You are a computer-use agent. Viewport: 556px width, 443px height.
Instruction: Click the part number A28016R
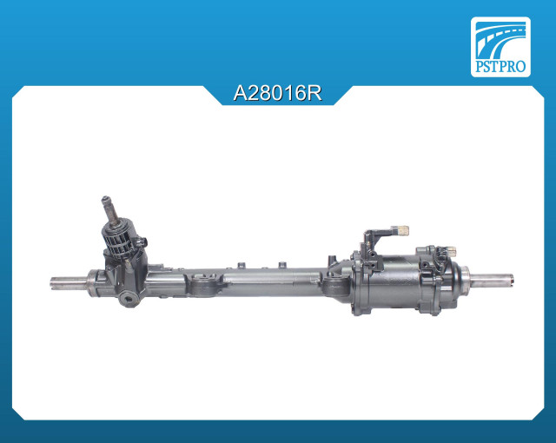[x=278, y=94]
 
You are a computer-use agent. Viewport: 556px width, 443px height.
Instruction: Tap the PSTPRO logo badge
[x=500, y=47]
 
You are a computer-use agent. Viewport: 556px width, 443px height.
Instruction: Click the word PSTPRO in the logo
[x=500, y=66]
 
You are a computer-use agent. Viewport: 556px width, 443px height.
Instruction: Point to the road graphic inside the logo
[x=500, y=39]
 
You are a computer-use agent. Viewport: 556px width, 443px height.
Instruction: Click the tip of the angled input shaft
[x=105, y=198]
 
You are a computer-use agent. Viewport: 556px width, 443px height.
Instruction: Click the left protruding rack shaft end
[x=69, y=283]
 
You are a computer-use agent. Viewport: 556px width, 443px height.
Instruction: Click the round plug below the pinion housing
[x=128, y=298]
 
